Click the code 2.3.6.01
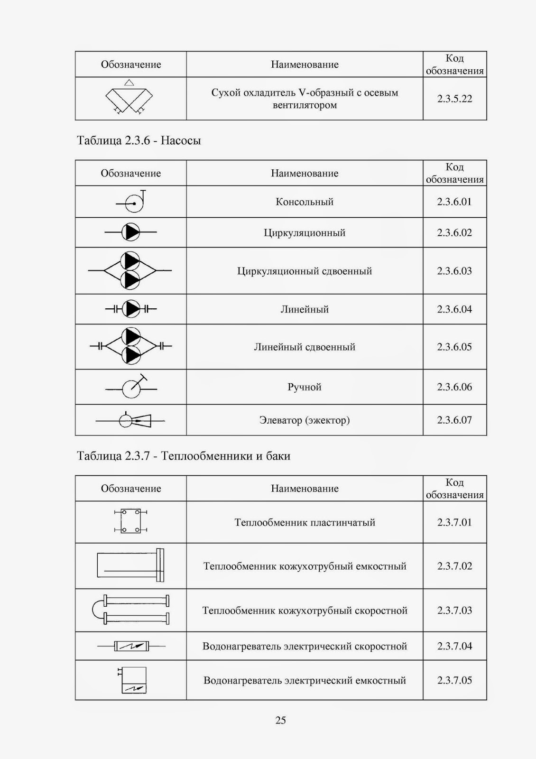[x=454, y=202]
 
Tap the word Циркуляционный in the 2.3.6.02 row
[x=304, y=233]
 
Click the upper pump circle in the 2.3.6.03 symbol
[x=129, y=261]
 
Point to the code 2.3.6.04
[x=454, y=309]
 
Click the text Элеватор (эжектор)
[x=304, y=420]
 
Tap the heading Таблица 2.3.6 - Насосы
[x=139, y=141]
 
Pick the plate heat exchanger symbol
[x=130, y=521]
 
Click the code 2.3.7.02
[x=454, y=566]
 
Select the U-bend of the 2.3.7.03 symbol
[x=98, y=610]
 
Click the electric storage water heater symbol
[x=133, y=680]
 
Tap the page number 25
[x=280, y=720]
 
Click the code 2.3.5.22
[x=454, y=99]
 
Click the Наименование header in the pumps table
[x=304, y=173]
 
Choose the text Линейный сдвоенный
[x=304, y=347]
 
